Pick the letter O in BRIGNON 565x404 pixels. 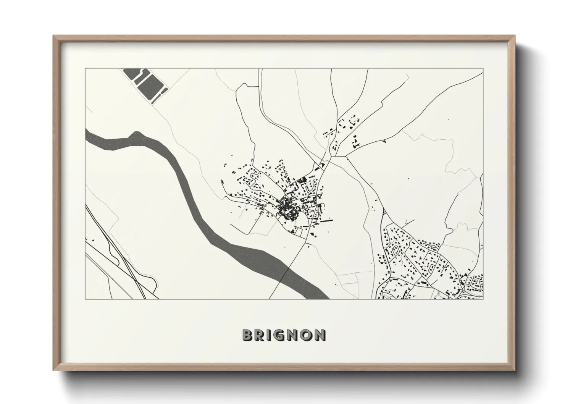pos(306,335)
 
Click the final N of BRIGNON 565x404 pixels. pos(320,335)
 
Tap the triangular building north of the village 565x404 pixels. pos(322,165)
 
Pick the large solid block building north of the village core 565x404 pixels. pos(302,179)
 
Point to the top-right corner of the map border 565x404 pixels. pos(483,69)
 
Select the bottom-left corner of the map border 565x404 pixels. pos(86,299)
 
